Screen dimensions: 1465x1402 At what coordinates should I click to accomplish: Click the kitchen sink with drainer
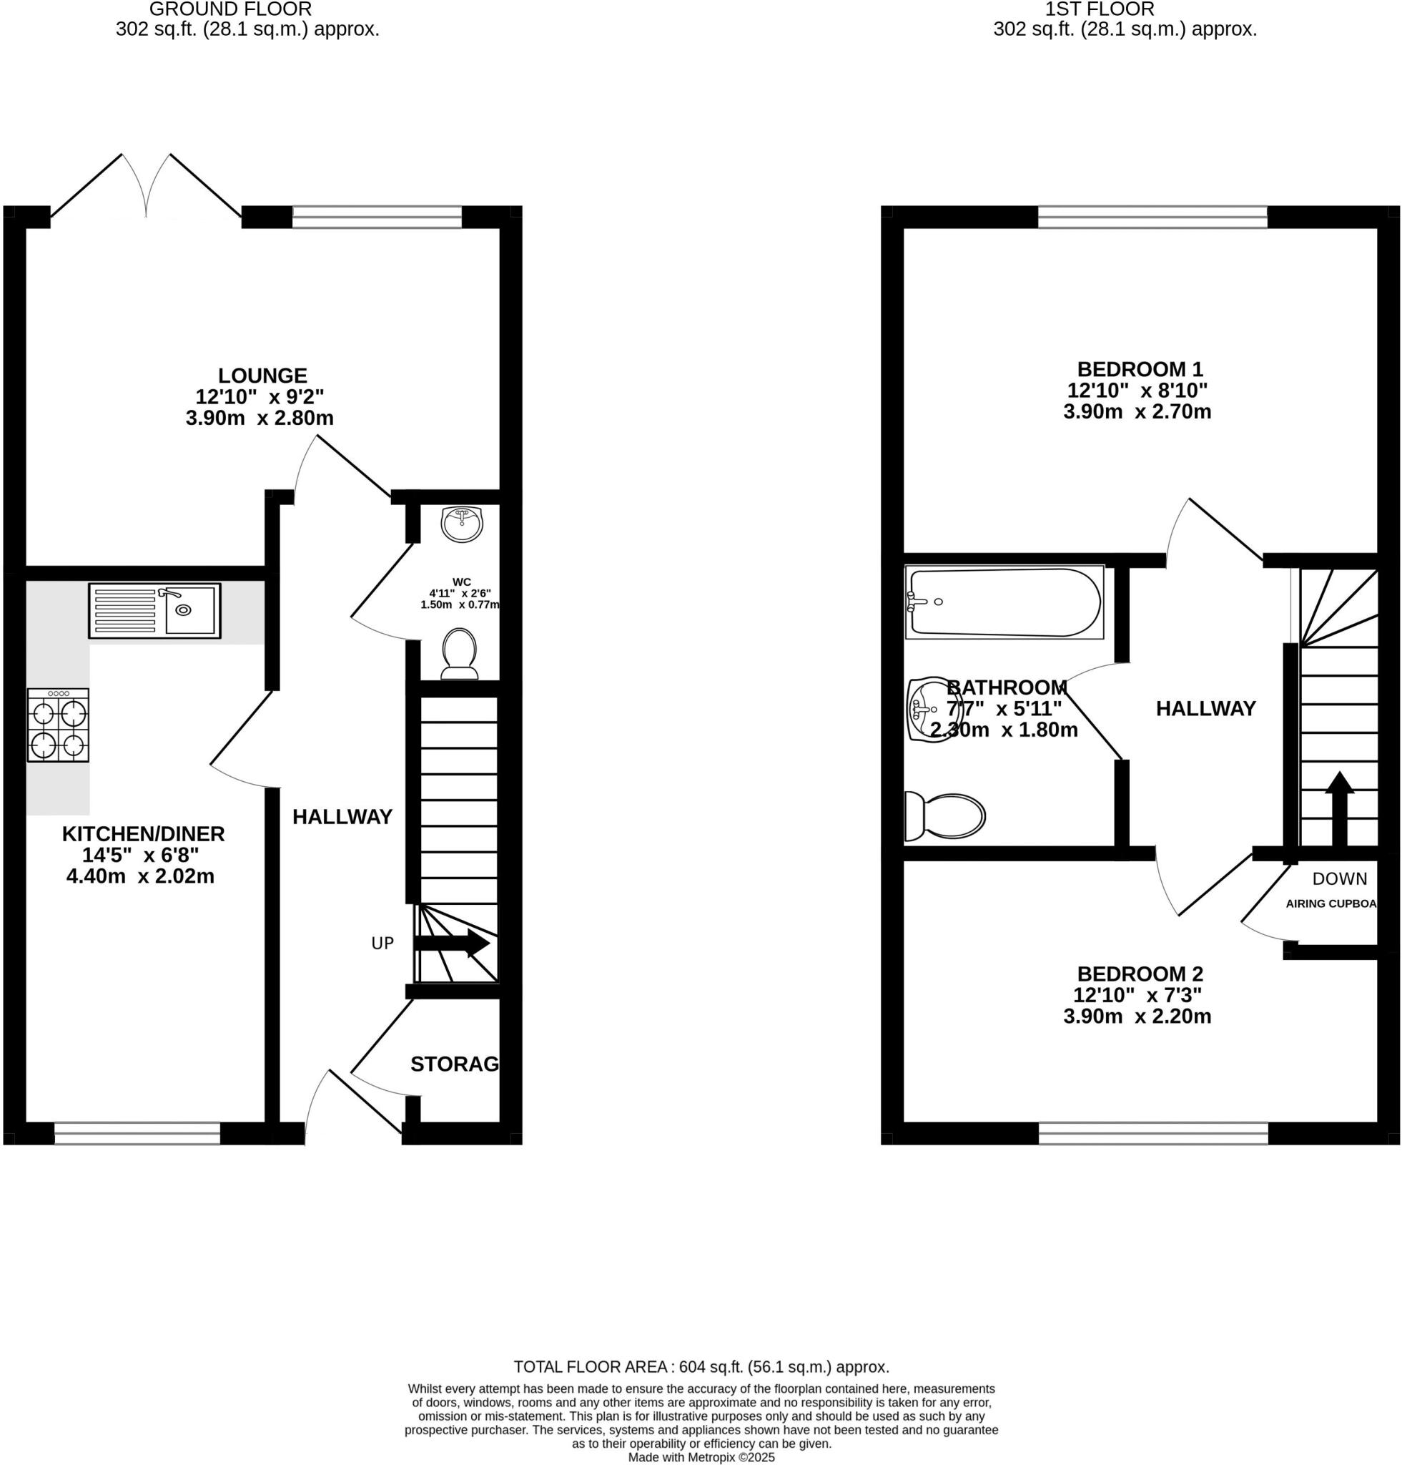[x=154, y=610]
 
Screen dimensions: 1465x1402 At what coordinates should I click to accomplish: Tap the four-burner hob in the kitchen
[x=58, y=725]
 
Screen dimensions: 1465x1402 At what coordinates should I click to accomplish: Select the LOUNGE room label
[x=262, y=376]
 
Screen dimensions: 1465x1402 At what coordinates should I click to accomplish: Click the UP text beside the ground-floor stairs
[x=382, y=944]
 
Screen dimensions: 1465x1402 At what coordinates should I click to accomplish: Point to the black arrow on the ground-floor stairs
[x=453, y=944]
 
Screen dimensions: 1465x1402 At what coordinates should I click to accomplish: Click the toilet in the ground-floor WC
[x=460, y=652]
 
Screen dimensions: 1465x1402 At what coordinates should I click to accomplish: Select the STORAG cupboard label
[x=454, y=1064]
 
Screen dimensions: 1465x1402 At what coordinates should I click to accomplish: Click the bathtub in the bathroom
[x=1004, y=602]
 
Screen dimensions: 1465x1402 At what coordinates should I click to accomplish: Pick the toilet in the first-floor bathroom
[x=946, y=815]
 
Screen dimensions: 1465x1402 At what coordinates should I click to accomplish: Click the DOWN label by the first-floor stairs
[x=1339, y=879]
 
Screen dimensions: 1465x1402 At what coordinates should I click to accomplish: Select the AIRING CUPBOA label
[x=1331, y=903]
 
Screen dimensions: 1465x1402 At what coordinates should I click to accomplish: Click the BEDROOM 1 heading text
[x=1140, y=369]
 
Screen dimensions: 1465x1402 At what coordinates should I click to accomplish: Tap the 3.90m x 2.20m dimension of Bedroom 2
[x=1137, y=1016]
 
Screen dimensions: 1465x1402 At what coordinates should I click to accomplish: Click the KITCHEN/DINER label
[x=144, y=833]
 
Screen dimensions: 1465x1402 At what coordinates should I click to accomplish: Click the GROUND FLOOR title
[x=230, y=10]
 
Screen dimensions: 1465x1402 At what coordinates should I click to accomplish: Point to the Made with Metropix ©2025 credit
[x=701, y=1458]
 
